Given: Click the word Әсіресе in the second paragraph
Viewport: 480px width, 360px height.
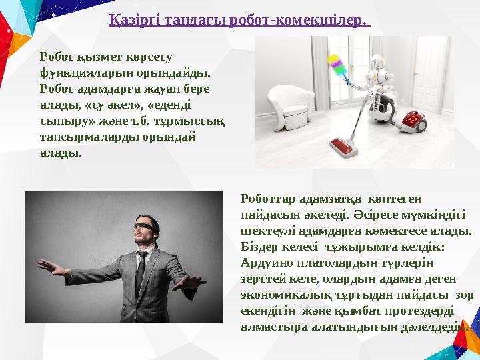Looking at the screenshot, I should [x=369, y=215].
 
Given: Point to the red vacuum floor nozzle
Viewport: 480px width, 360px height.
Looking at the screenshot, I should [x=344, y=145].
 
